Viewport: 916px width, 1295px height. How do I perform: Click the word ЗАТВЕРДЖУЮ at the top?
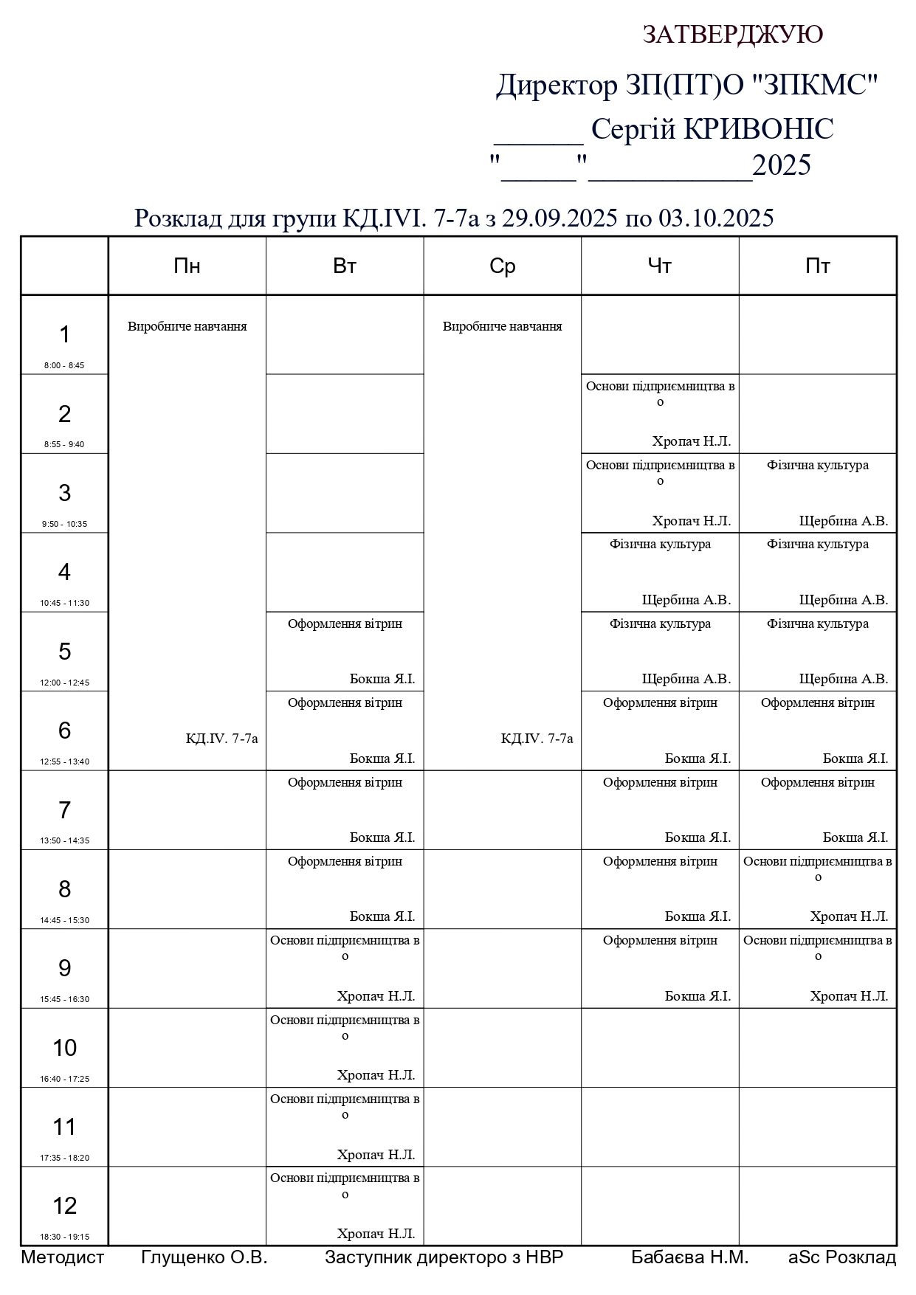click(x=732, y=35)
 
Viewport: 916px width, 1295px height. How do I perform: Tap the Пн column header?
click(x=187, y=266)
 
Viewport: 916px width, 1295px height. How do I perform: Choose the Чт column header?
click(x=659, y=266)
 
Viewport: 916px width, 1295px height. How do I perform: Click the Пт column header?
click(x=817, y=266)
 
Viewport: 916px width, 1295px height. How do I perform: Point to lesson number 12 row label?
click(x=65, y=1206)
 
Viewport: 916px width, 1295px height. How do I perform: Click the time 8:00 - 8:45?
click(x=64, y=365)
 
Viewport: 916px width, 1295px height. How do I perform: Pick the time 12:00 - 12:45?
click(x=64, y=683)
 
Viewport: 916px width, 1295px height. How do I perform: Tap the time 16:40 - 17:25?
click(x=64, y=1079)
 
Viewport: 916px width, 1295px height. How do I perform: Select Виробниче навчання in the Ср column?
click(x=502, y=326)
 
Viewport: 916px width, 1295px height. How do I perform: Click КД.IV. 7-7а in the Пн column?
click(x=221, y=739)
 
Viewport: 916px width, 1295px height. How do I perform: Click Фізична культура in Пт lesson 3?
click(x=817, y=465)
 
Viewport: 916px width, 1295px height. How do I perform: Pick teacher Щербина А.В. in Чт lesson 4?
click(x=686, y=600)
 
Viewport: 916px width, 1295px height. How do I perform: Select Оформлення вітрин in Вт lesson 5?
click(x=345, y=624)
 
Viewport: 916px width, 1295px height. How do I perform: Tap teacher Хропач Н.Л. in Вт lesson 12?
click(x=376, y=1234)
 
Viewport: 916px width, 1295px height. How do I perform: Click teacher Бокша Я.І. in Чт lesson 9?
click(x=698, y=996)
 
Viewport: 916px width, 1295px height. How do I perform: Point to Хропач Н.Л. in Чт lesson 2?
click(x=691, y=441)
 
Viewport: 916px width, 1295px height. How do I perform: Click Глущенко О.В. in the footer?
click(x=204, y=1257)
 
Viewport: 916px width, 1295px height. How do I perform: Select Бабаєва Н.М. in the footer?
click(x=689, y=1257)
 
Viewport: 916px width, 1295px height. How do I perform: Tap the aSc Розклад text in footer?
click(x=841, y=1257)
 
